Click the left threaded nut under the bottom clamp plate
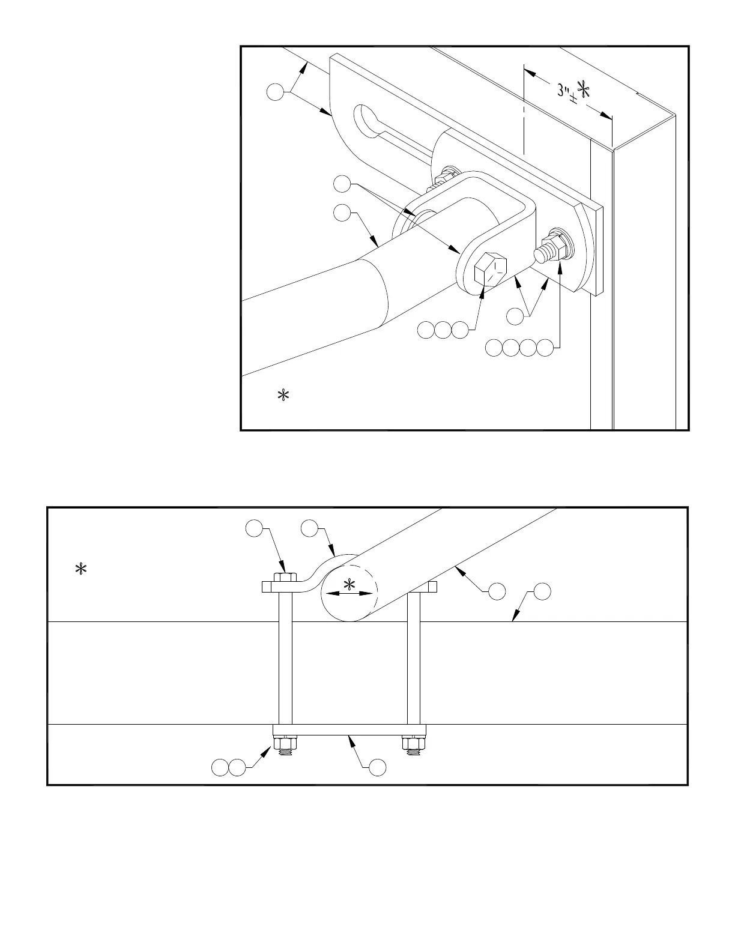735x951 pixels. click(x=285, y=745)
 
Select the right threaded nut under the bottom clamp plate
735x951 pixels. click(x=413, y=745)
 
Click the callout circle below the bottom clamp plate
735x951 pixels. click(x=377, y=767)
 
